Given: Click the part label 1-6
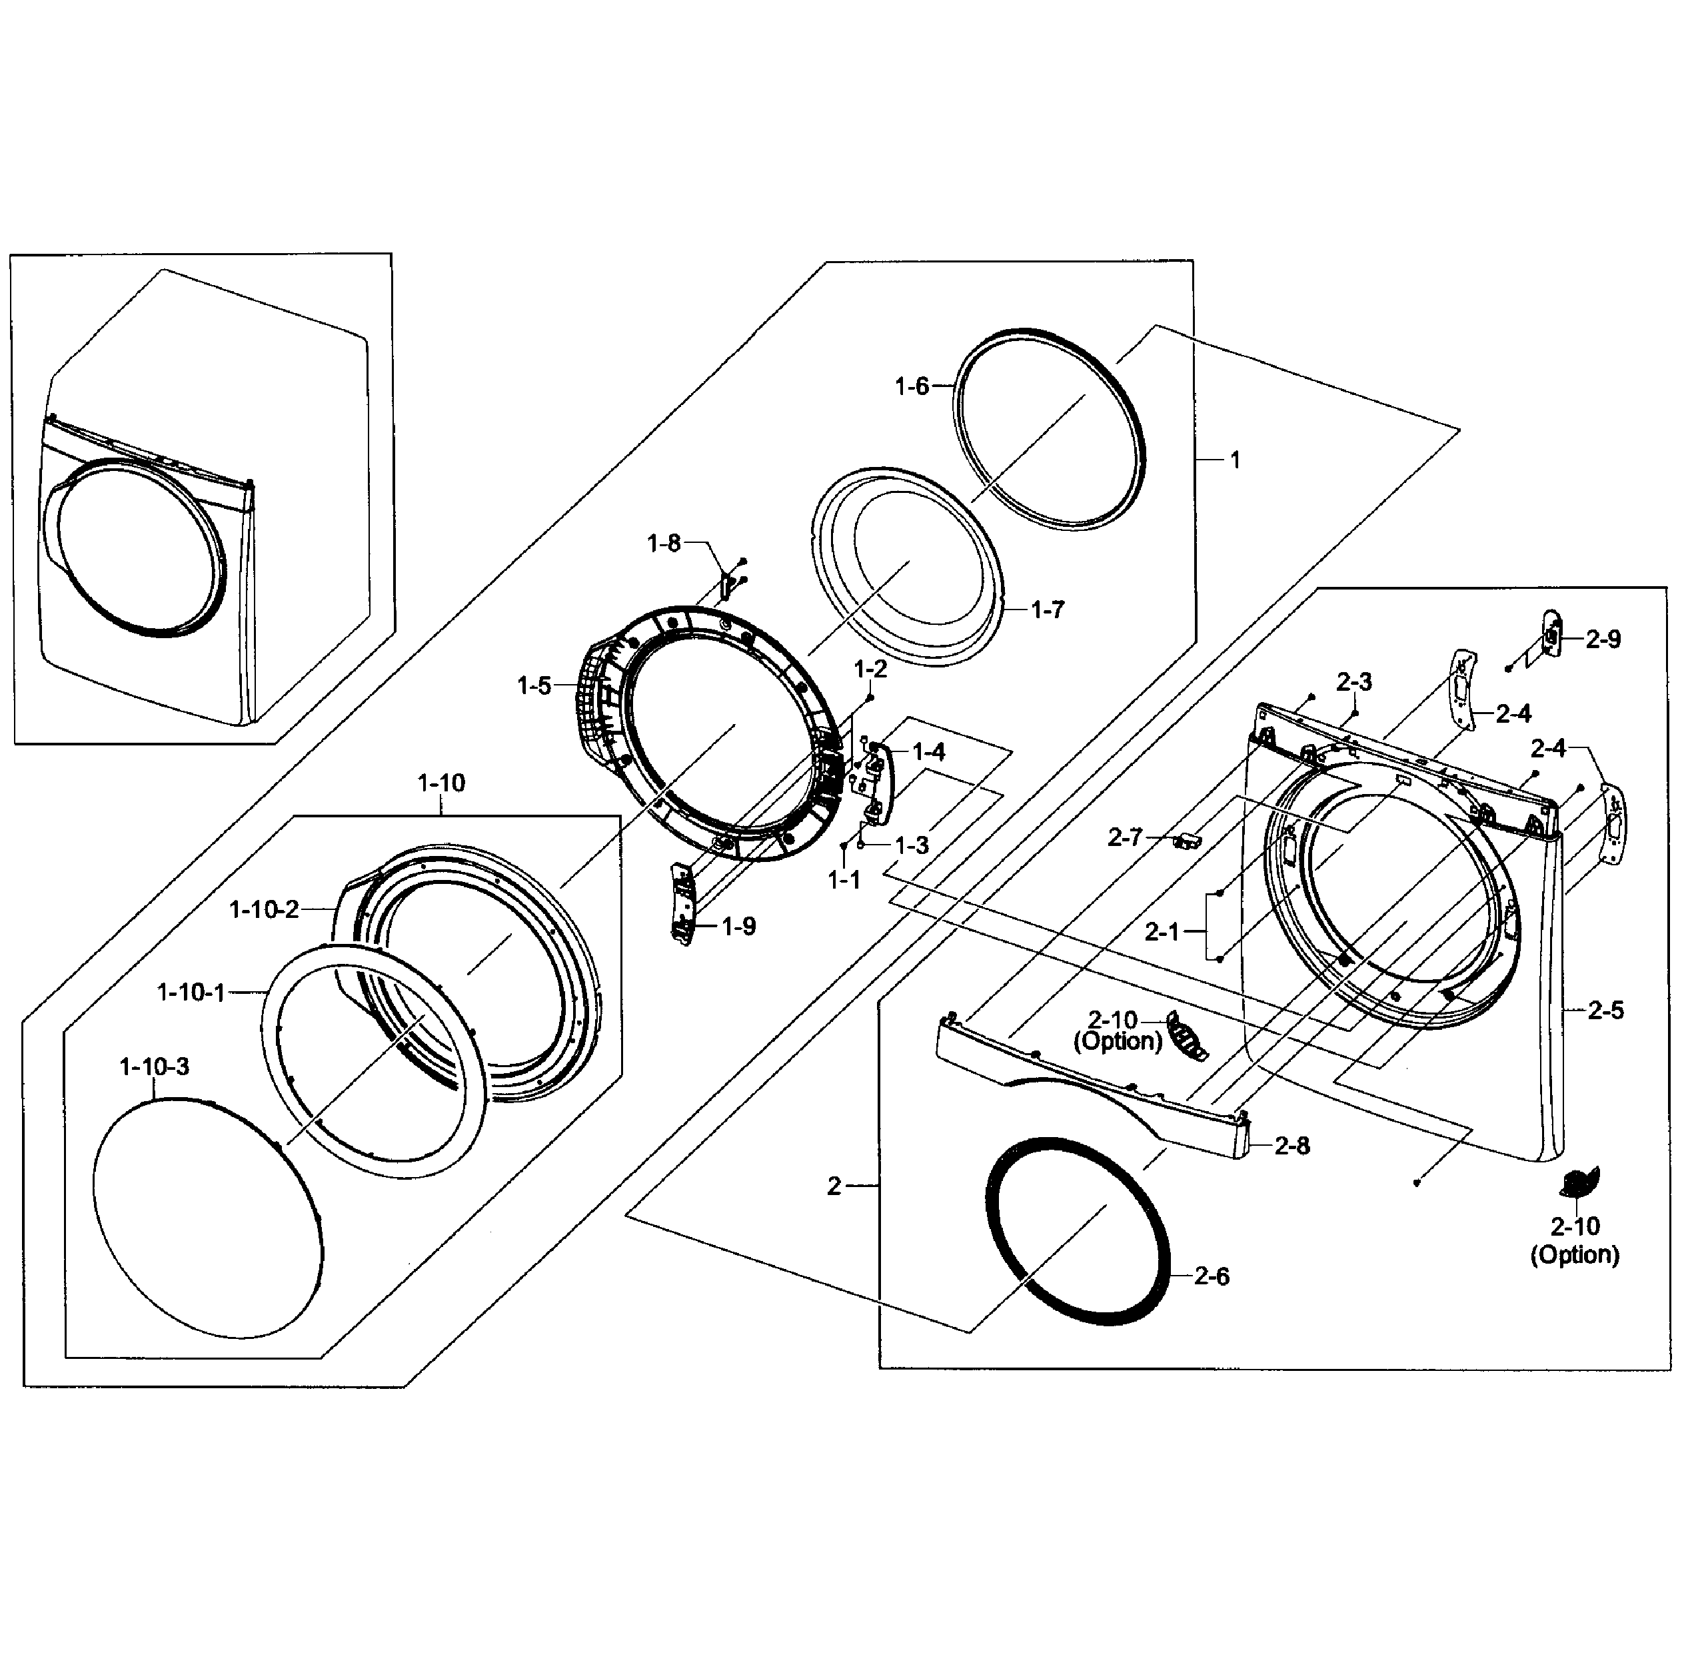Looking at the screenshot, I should click(x=911, y=386).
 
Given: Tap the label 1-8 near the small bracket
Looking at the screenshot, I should click(x=664, y=544).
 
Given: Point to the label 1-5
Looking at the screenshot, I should click(x=534, y=685).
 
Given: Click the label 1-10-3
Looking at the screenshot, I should click(x=154, y=1066).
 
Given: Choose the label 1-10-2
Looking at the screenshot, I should click(x=263, y=909).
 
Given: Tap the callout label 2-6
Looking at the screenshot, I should click(x=1212, y=1276).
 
